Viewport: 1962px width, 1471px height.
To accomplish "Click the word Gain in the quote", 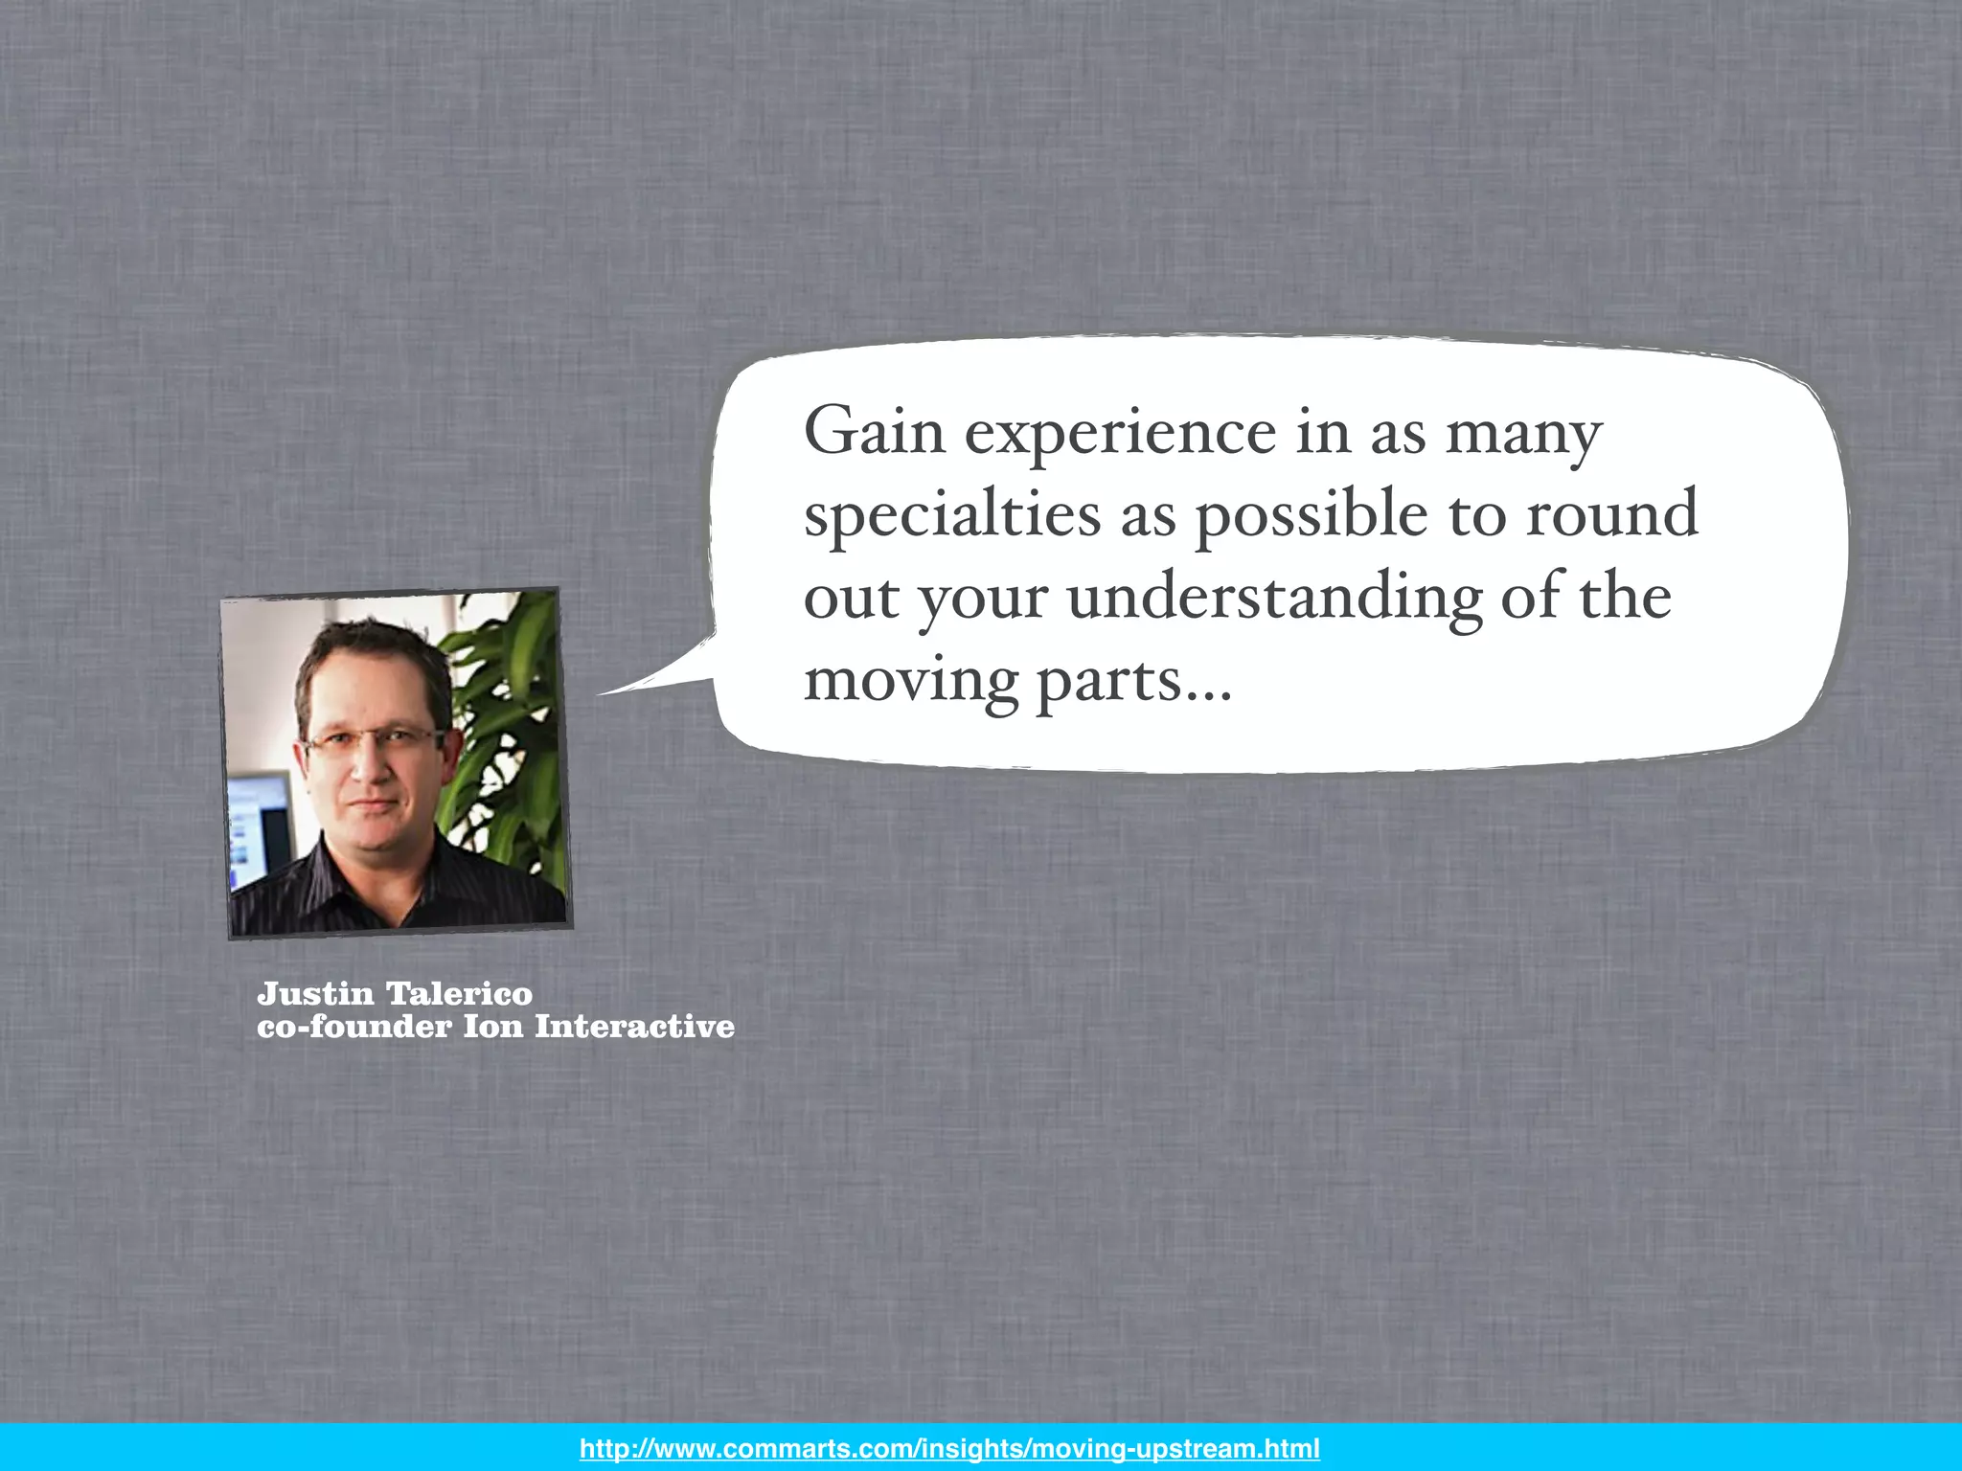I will tap(874, 433).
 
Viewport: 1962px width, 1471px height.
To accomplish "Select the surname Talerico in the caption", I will tap(459, 994).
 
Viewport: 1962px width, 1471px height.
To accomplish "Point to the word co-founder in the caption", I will tap(354, 1027).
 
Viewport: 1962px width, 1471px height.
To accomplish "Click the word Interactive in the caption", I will tap(634, 1027).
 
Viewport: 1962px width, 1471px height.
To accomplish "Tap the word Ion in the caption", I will tap(493, 1027).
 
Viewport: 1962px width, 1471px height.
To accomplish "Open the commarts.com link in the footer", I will tap(949, 1448).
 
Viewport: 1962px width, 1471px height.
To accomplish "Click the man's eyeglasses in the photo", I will tap(374, 741).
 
